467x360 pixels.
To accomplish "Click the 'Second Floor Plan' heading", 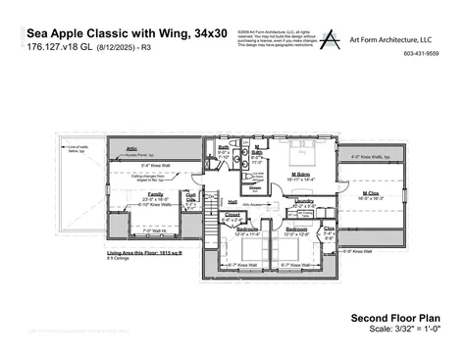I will click(x=394, y=318).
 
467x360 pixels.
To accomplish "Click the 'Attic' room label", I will click(x=130, y=149).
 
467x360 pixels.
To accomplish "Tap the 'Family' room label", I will click(x=155, y=194).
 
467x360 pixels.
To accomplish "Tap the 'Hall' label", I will click(x=233, y=201).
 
